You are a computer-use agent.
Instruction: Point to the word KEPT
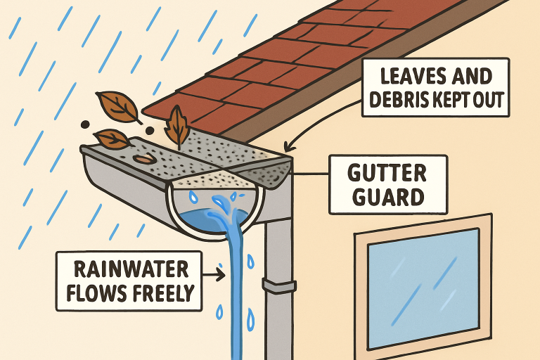tap(448, 100)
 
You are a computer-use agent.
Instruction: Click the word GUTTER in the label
tap(387, 173)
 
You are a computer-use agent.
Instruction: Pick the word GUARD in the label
tap(388, 197)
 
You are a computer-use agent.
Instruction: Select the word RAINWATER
tap(131, 269)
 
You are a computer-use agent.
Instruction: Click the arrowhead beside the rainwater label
tap(221, 275)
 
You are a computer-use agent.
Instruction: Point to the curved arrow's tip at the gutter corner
tap(287, 149)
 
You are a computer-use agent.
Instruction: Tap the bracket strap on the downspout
tap(279, 285)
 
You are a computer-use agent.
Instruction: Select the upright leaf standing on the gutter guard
tap(177, 126)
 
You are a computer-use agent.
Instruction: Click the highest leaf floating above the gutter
tap(118, 108)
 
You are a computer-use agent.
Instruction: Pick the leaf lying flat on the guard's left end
tap(112, 138)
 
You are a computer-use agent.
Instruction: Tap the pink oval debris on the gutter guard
tap(145, 158)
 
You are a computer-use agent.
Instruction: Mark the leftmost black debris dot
tap(84, 124)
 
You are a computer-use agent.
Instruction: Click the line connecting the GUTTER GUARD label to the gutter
tap(311, 174)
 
